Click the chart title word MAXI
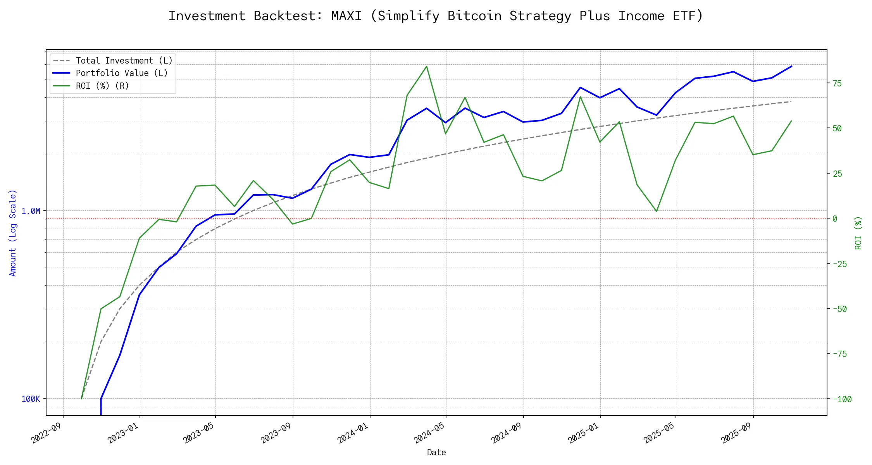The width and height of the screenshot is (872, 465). pyautogui.click(x=346, y=16)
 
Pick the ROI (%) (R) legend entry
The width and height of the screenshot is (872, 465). pyautogui.click(x=102, y=86)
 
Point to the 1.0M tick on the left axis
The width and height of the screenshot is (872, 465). pyautogui.click(x=31, y=211)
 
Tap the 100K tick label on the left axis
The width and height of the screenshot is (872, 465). pyautogui.click(x=31, y=399)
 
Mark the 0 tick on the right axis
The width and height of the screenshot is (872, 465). pyautogui.click(x=835, y=219)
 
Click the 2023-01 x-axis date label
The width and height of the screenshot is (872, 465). pyautogui.click(x=123, y=432)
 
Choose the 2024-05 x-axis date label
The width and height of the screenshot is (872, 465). pyautogui.click(x=429, y=432)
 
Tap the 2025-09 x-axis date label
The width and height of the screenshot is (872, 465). pyautogui.click(x=737, y=432)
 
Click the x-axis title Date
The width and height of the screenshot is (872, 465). pyautogui.click(x=436, y=453)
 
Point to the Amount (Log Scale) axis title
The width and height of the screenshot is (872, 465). pyautogui.click(x=13, y=232)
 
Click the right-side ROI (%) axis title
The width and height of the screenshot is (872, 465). pyautogui.click(x=858, y=232)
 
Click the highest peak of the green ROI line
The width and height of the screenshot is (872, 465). pyautogui.click(x=427, y=66)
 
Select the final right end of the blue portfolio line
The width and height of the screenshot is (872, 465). pyautogui.click(x=791, y=66)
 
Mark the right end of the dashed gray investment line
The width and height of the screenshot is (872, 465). pyautogui.click(x=791, y=102)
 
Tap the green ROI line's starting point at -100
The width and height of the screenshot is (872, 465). pyautogui.click(x=81, y=398)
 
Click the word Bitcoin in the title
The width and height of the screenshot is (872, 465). pyautogui.click(x=474, y=16)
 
